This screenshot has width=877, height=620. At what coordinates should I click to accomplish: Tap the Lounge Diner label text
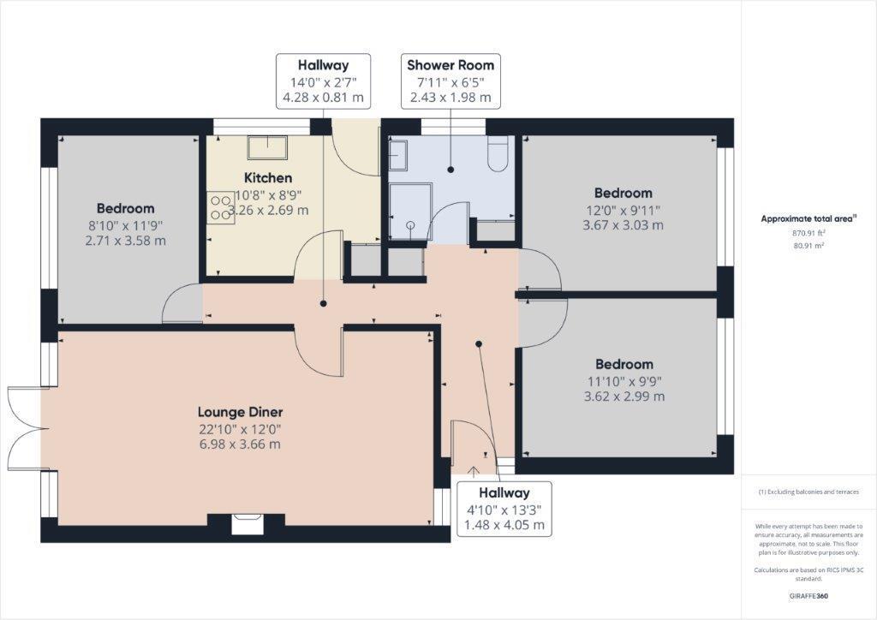coord(240,412)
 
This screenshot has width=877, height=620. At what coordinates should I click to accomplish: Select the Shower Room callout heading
coord(450,65)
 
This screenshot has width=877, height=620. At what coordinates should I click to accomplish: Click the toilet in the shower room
coord(498,155)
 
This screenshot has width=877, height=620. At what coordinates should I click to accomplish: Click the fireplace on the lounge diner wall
coord(248,521)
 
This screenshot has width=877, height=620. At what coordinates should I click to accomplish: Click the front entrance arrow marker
coord(474,469)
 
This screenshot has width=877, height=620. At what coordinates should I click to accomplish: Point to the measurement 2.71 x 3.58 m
coord(125,241)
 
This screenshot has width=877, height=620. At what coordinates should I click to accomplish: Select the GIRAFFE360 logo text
coord(809,595)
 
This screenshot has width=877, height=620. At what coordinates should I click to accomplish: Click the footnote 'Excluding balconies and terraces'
coord(808,492)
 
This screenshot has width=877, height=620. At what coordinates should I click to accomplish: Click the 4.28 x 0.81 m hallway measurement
coord(323,98)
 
